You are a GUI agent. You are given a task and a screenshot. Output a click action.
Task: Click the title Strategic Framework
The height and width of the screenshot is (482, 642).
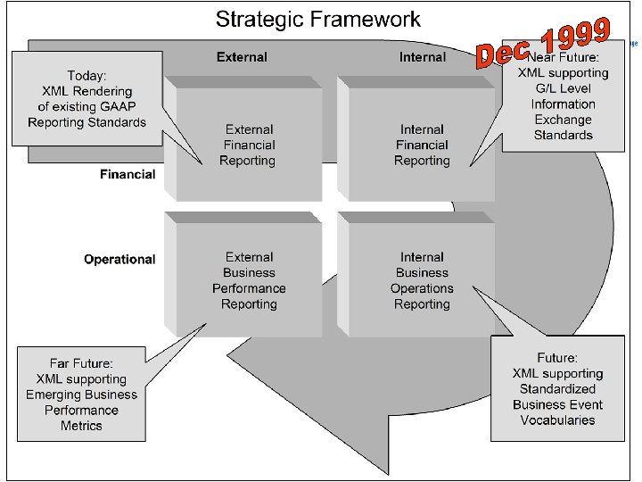click(319, 19)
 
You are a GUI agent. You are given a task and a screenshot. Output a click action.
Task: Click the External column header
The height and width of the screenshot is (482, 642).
click(242, 57)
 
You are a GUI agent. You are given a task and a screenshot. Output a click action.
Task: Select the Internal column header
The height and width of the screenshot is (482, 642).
click(423, 57)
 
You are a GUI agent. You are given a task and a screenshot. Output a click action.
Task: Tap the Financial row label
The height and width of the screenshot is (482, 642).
click(128, 175)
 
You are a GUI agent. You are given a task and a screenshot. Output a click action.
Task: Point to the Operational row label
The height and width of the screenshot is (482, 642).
click(119, 260)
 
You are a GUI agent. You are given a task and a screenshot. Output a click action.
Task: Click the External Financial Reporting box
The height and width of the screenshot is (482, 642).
click(249, 145)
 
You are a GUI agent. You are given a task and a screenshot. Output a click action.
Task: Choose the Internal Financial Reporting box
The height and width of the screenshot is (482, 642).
click(423, 145)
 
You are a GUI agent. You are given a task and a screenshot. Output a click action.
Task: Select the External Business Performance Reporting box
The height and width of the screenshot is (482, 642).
click(249, 280)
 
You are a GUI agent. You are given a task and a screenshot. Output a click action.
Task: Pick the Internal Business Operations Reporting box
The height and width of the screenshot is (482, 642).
click(423, 280)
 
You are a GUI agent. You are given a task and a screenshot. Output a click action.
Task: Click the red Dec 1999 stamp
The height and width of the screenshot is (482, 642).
click(544, 43)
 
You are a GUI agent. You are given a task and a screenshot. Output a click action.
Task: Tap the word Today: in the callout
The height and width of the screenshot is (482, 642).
click(86, 75)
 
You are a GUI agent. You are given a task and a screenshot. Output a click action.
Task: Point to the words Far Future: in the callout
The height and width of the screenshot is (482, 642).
click(81, 363)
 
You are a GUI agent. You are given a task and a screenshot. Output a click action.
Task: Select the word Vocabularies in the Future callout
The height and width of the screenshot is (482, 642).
click(558, 420)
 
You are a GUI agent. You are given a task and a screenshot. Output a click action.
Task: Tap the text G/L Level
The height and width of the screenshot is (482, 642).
click(563, 88)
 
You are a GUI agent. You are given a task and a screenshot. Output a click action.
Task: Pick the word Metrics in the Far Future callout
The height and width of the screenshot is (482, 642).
click(81, 426)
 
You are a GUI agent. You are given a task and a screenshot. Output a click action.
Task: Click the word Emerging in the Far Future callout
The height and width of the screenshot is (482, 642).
click(55, 395)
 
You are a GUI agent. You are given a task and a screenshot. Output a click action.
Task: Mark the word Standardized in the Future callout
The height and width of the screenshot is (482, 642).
click(558, 389)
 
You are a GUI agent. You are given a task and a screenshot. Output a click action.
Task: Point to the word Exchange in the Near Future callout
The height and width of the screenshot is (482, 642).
click(563, 120)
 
